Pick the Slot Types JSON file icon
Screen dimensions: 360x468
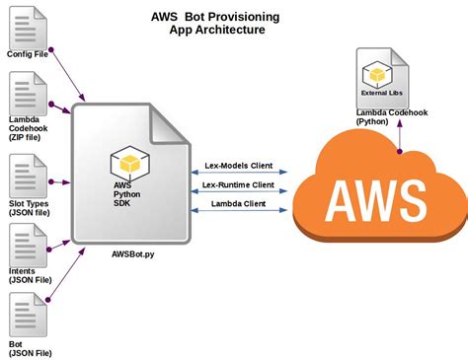[x=26, y=176]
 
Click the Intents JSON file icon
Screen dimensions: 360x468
[x=26, y=245]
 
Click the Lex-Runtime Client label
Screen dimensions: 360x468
[x=238, y=184]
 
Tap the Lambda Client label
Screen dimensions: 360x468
[x=238, y=205]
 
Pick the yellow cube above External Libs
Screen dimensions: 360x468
[x=376, y=73]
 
